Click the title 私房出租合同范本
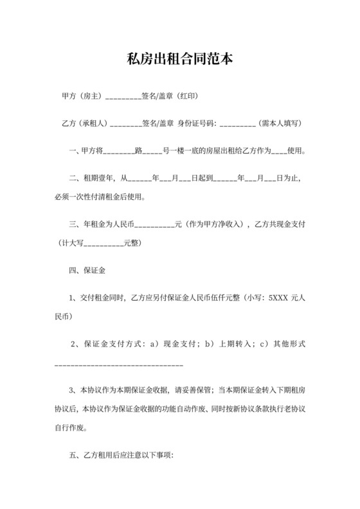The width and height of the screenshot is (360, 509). click(179, 60)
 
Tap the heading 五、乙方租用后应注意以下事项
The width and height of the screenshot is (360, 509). click(121, 454)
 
